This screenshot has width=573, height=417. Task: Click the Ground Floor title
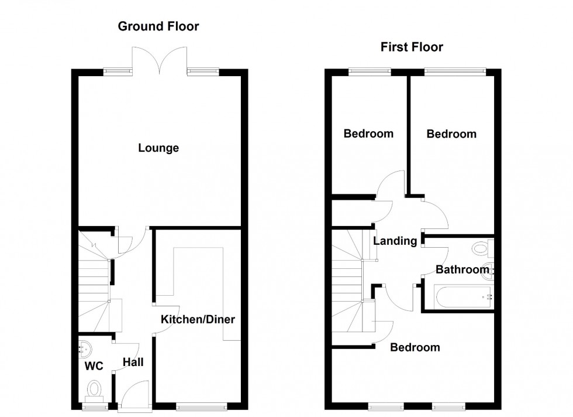click(x=158, y=26)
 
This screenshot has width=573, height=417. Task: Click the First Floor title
click(x=412, y=47)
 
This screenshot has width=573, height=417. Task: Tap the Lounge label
click(x=158, y=148)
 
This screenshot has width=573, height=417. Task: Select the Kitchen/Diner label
click(x=198, y=320)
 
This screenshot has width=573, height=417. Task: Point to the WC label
click(x=94, y=367)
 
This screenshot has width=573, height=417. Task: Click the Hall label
click(x=133, y=363)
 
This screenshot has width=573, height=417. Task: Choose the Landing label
click(x=395, y=241)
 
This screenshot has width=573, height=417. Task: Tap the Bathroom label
click(x=462, y=270)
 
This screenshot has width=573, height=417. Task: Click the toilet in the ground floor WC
click(x=94, y=388)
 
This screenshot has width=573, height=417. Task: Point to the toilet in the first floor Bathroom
click(x=482, y=249)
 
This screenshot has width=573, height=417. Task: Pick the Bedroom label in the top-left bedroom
click(x=368, y=134)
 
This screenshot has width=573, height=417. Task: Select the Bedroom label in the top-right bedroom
click(x=451, y=134)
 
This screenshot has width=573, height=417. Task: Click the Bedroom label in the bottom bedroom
click(x=415, y=347)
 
